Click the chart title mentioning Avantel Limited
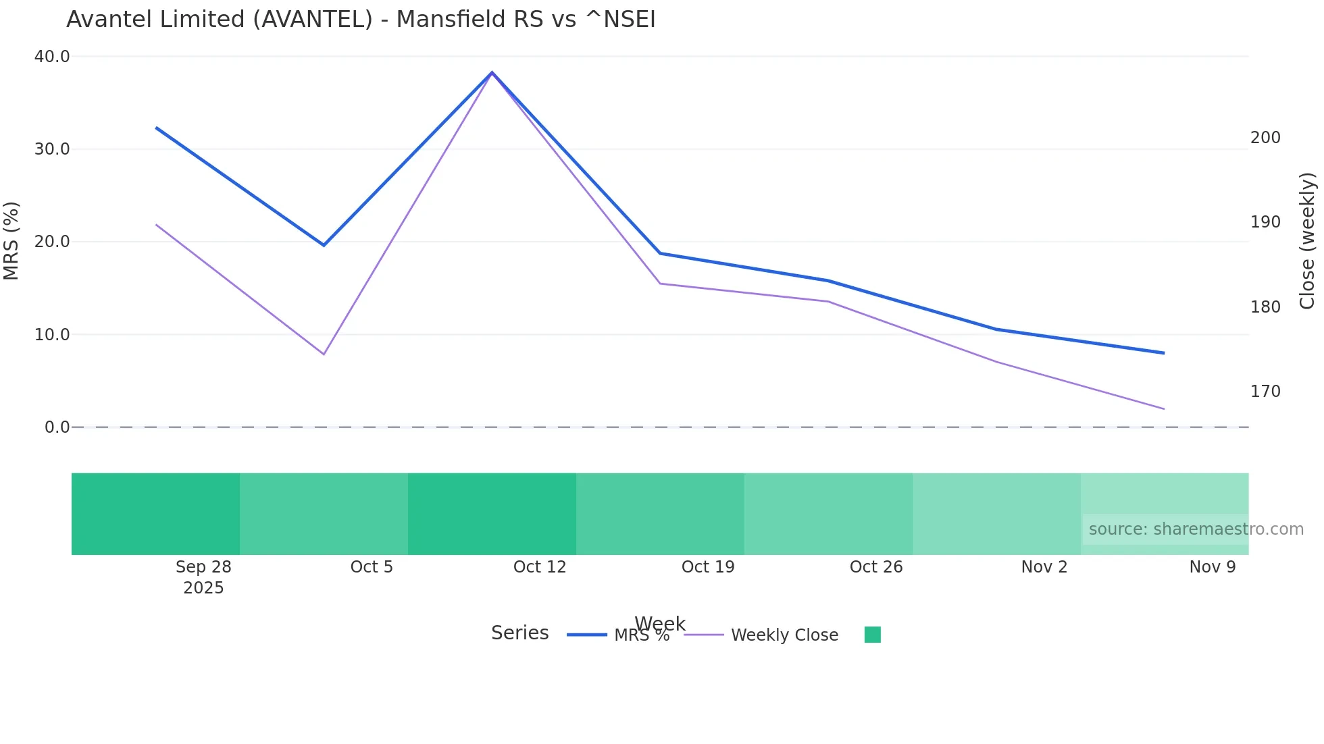click(x=361, y=20)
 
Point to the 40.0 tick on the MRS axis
click(x=52, y=57)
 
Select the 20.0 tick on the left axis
click(x=52, y=242)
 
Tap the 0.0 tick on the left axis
click(x=57, y=427)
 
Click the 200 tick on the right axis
click(x=1265, y=138)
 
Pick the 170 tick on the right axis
click(x=1265, y=392)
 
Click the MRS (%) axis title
click(x=11, y=240)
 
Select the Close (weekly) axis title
click(x=1307, y=240)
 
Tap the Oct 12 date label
click(x=540, y=567)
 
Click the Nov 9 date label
click(x=1213, y=567)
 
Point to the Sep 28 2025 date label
click(x=203, y=577)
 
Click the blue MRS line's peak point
click(x=492, y=72)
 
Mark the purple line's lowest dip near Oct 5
click(x=324, y=354)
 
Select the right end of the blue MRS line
click(x=1163, y=353)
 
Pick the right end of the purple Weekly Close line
click(x=1163, y=408)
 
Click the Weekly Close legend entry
click(x=784, y=635)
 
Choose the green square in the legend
click(x=873, y=635)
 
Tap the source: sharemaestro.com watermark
click(x=1196, y=529)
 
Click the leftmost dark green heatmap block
click(x=155, y=514)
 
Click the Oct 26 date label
click(x=876, y=567)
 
